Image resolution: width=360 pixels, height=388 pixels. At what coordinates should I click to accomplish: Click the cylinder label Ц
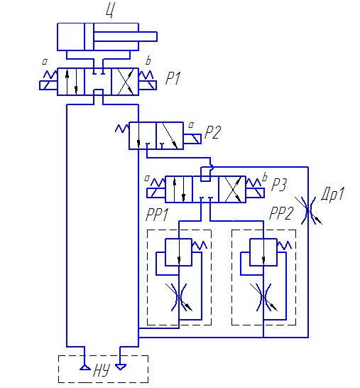pos(110,10)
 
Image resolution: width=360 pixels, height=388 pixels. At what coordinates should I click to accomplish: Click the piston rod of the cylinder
pos(125,37)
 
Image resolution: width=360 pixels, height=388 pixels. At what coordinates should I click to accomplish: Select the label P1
pos(173,78)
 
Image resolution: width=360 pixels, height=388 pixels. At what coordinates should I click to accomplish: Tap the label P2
pos(212,132)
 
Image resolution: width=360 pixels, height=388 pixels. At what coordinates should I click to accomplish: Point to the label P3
pos(279,185)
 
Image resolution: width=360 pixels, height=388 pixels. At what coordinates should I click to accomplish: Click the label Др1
pos(333,194)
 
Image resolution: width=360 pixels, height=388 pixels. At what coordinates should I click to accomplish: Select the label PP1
pos(157,215)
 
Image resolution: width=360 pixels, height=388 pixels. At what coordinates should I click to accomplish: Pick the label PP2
pos(281,213)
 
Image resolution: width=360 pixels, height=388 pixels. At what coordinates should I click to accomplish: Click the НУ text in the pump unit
pos(102,370)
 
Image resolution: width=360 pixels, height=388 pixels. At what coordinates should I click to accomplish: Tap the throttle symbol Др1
pos(308,210)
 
